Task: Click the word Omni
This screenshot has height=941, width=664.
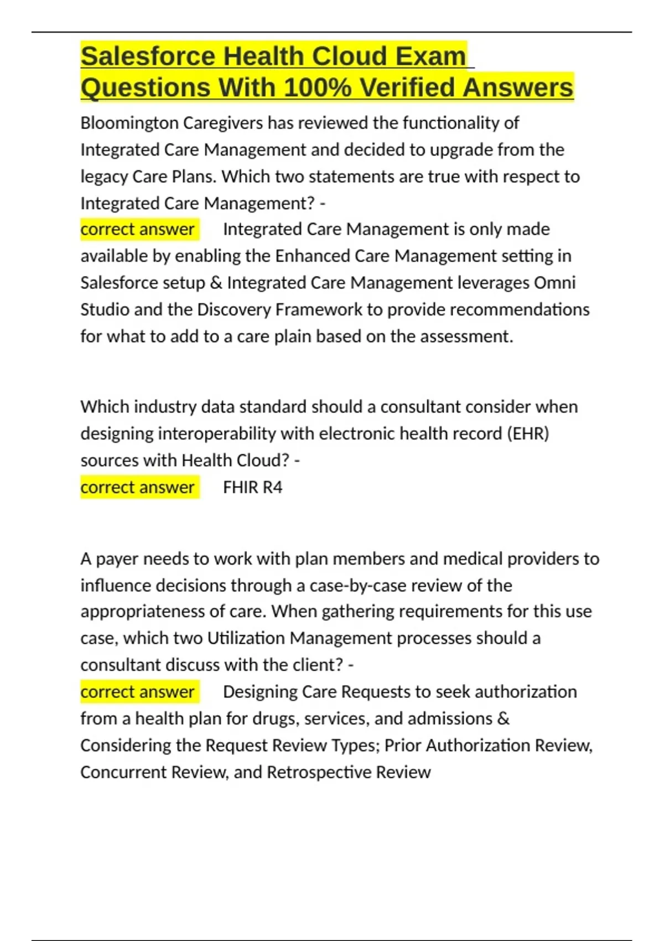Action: click(554, 283)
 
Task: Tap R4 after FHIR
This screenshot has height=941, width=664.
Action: click(272, 487)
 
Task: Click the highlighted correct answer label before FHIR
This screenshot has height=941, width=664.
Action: click(138, 487)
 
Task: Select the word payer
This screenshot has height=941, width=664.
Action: click(117, 559)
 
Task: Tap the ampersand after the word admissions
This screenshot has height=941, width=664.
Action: click(504, 718)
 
